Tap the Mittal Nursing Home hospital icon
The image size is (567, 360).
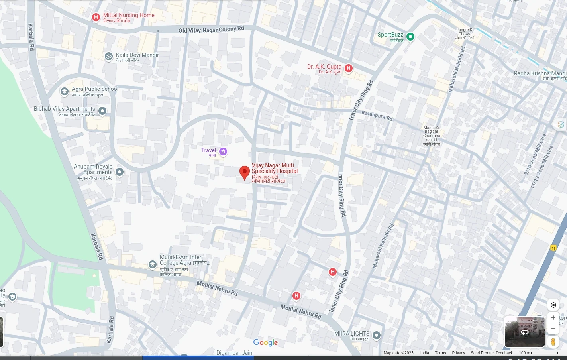click(x=96, y=17)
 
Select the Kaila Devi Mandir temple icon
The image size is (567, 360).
click(x=108, y=57)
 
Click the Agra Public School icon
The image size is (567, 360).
click(x=64, y=91)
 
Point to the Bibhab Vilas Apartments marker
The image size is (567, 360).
click(x=102, y=111)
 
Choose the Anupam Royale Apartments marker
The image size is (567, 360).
click(x=120, y=172)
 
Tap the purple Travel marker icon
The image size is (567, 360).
click(x=223, y=151)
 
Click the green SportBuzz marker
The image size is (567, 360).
click(x=410, y=37)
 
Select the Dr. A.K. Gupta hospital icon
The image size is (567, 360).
click(x=349, y=68)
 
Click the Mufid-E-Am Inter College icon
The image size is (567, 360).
click(x=152, y=264)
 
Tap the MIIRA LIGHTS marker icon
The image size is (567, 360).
click(x=377, y=335)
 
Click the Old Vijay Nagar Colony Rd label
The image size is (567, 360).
click(x=211, y=30)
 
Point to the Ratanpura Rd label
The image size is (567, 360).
click(x=377, y=116)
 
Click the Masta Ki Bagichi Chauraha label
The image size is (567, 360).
click(x=432, y=136)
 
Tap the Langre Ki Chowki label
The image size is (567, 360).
click(x=465, y=34)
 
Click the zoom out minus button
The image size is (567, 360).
click(x=553, y=329)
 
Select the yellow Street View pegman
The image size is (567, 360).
click(x=553, y=342)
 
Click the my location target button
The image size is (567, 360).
click(x=553, y=305)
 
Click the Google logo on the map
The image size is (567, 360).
click(x=265, y=343)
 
